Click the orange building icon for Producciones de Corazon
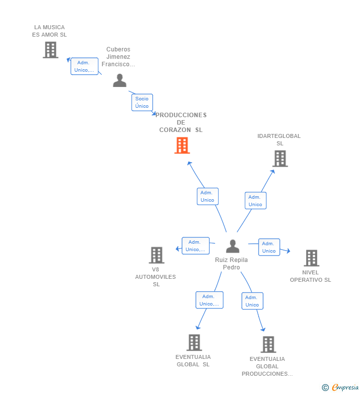coord(182,145)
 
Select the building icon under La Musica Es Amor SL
coord(50,50)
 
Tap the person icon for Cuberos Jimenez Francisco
coord(120,80)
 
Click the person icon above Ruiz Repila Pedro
coord(232,246)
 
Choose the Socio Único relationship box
coord(142,102)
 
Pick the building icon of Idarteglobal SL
coord(280,158)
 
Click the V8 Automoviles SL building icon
coord(156,255)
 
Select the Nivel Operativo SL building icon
coord(312,258)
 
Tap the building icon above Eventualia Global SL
coord(194,343)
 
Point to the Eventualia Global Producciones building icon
coord(268,345)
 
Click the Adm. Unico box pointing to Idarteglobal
coord(256,201)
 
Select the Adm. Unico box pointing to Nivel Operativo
coord(269,247)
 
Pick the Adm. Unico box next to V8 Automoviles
coord(195,246)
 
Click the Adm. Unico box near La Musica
coord(85,66)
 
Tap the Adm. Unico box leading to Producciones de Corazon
coord(208,196)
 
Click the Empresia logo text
coord(345,387)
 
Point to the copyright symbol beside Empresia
coord(325,388)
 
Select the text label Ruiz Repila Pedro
coord(231,263)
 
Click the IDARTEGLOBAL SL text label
coord(279,139)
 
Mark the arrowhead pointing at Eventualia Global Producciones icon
coord(263,329)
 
